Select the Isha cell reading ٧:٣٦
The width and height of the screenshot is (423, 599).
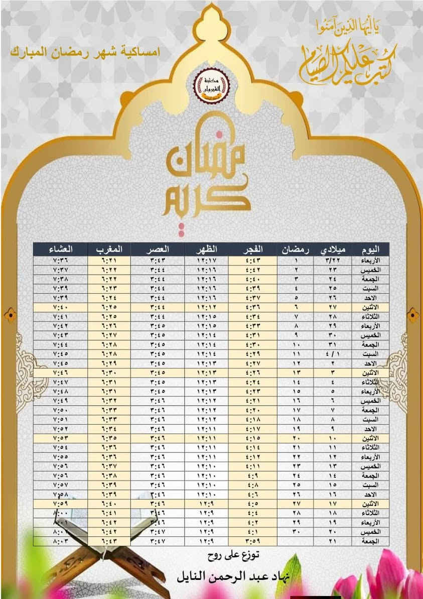[x=60, y=260]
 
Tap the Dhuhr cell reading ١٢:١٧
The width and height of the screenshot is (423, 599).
[x=206, y=260]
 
